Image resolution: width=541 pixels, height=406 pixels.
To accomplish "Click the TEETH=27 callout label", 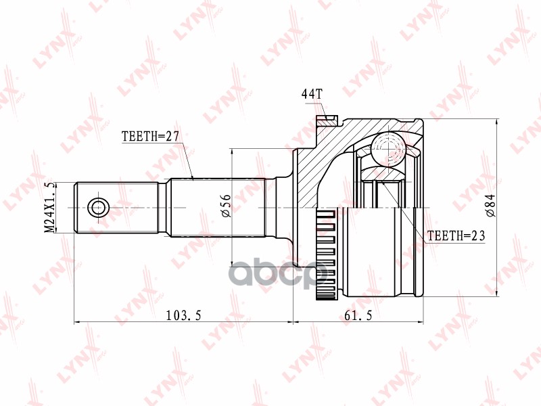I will (x=149, y=136).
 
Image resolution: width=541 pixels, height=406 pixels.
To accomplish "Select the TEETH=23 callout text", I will (x=456, y=235).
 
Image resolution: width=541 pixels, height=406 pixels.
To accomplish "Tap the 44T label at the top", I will (x=312, y=94).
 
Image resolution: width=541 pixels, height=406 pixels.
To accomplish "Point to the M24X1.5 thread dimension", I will (x=49, y=207).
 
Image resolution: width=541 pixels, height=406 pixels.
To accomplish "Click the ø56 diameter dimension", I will (x=226, y=205).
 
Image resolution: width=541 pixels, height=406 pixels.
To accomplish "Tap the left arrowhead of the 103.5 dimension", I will (x=77, y=321).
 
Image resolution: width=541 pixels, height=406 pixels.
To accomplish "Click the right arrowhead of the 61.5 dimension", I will (x=420, y=321).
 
